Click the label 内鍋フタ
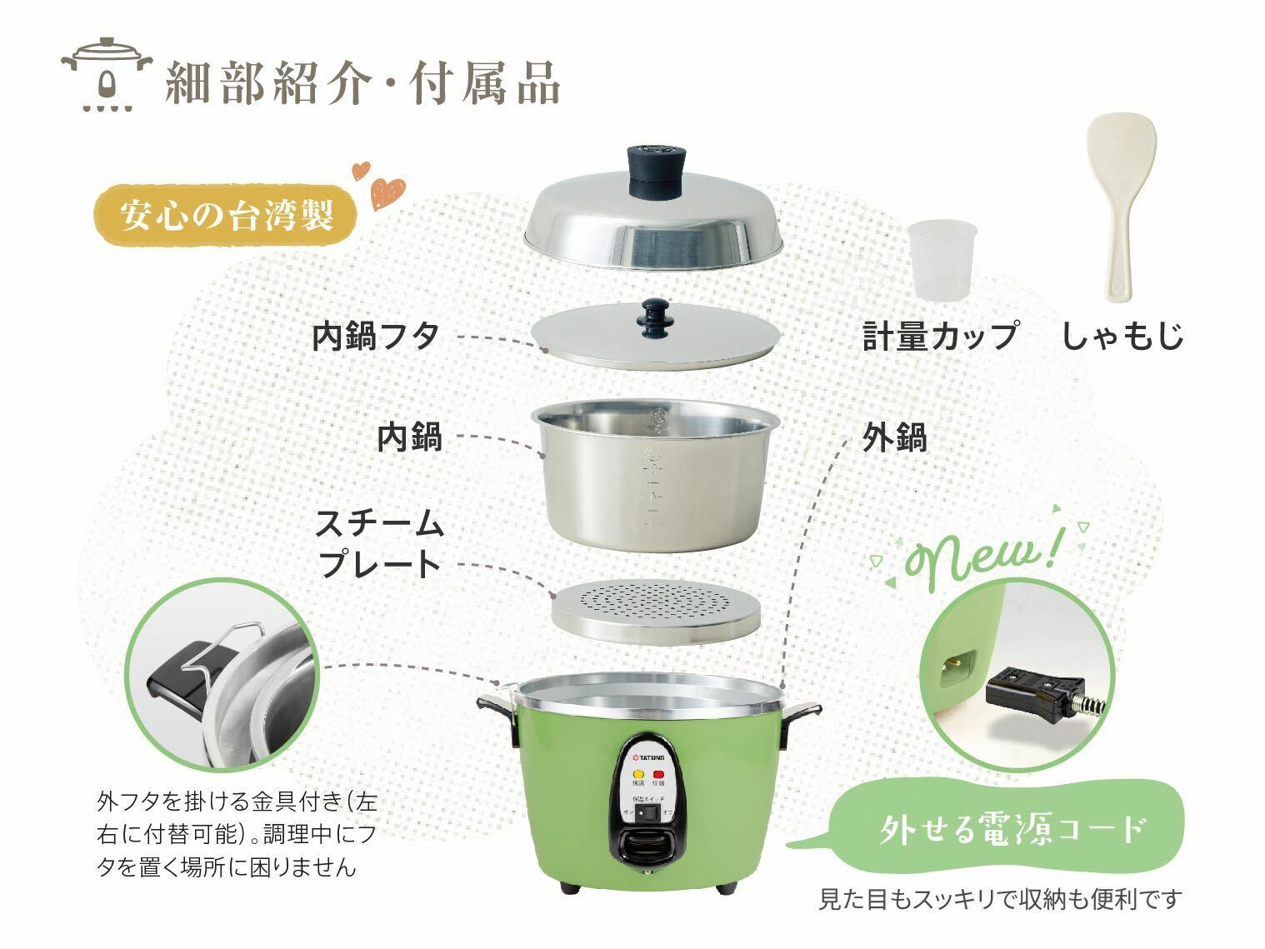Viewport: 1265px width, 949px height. (376, 337)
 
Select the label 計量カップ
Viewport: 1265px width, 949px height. (940, 335)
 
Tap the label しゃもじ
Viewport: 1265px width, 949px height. (1122, 335)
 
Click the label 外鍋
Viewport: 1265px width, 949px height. (894, 437)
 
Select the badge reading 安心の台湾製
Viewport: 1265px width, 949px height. (226, 215)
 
